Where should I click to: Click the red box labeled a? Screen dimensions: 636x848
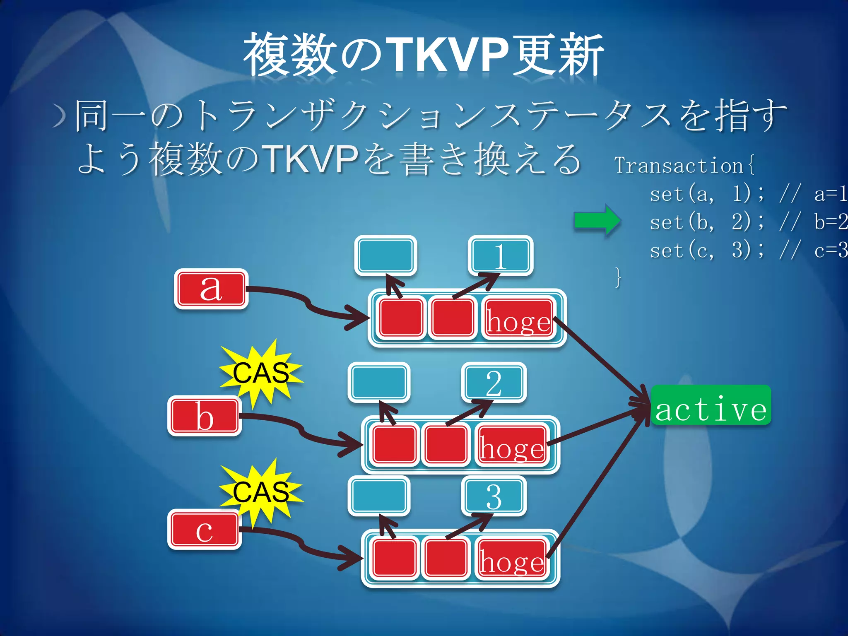211,289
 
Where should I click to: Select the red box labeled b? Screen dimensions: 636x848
204,416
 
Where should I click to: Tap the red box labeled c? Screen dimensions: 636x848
204,530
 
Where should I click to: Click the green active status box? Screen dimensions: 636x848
711,405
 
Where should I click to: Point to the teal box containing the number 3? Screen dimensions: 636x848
494,496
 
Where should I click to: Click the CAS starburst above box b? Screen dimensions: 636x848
261,372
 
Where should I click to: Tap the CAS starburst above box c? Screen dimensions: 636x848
261,491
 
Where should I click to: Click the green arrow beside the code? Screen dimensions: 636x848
597,220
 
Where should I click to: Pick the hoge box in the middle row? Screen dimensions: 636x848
511,445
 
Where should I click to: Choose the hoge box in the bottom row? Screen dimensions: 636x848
511,559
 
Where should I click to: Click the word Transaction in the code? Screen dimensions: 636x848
679,166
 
